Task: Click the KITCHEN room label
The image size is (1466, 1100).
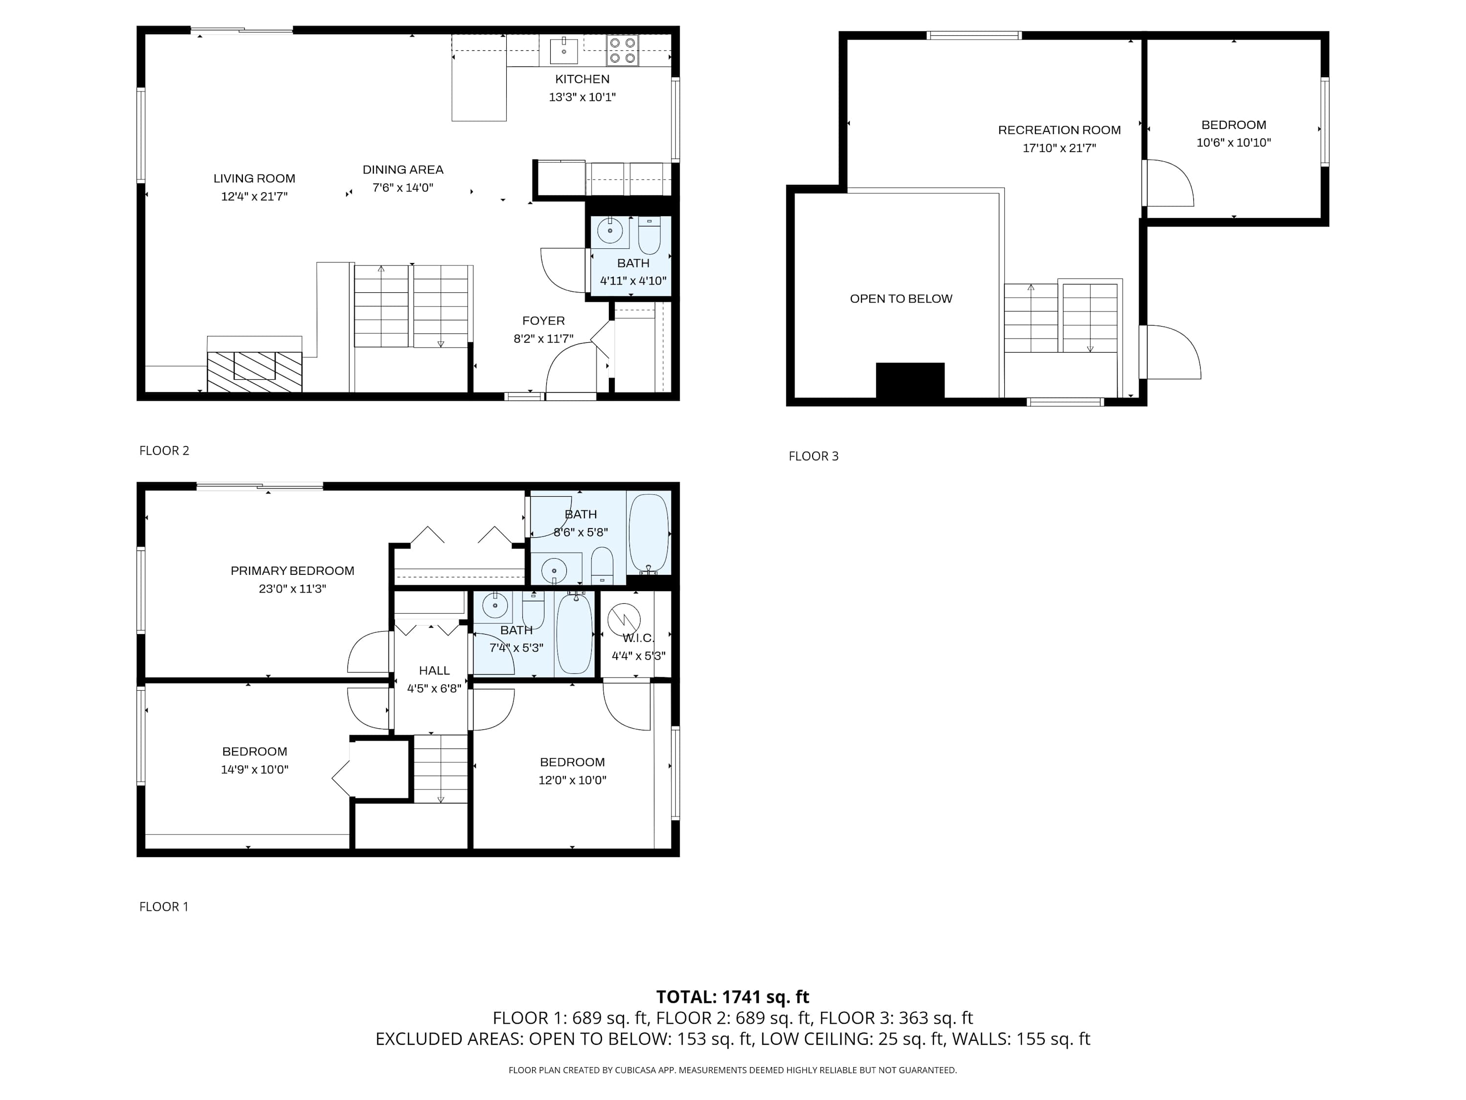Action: click(x=582, y=79)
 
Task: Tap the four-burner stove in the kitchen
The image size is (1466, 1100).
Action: click(x=623, y=50)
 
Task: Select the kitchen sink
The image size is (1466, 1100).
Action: click(x=563, y=50)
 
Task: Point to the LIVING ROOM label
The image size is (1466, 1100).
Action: click(x=254, y=178)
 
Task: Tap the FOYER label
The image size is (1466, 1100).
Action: click(x=543, y=321)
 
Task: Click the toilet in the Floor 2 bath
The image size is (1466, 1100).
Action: click(x=649, y=236)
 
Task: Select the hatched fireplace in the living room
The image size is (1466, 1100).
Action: click(x=255, y=371)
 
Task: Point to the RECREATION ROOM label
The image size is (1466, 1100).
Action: click(x=1059, y=130)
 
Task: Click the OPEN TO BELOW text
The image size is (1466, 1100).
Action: click(x=901, y=299)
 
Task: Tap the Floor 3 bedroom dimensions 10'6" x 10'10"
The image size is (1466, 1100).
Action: click(x=1233, y=143)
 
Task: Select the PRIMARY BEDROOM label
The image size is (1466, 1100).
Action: click(x=292, y=571)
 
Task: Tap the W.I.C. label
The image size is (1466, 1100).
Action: click(x=638, y=638)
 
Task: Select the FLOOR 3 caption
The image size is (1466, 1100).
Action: click(x=813, y=456)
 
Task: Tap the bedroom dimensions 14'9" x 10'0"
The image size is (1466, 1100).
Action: click(x=255, y=770)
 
